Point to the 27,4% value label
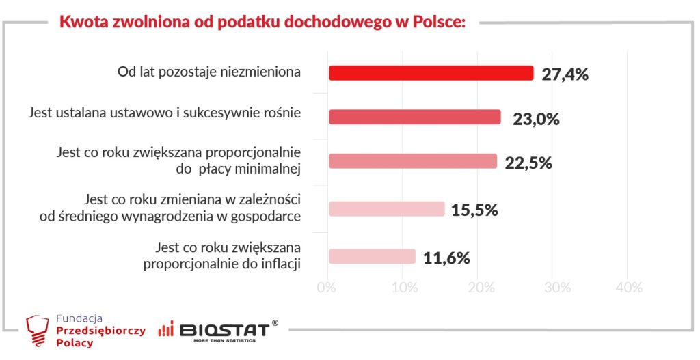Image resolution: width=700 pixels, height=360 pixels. pos(565,74)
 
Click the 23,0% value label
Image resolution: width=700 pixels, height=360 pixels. pos(536,120)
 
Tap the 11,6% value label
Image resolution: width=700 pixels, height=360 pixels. pos(446,258)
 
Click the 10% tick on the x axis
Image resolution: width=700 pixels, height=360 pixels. pos(405,288)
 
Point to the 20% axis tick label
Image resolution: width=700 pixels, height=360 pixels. pos(480,288)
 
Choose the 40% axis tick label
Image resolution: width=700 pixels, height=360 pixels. pos(629,288)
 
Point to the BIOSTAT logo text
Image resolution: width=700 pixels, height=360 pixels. pos(224,331)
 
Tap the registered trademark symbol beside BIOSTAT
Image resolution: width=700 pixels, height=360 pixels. pos(275,322)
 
